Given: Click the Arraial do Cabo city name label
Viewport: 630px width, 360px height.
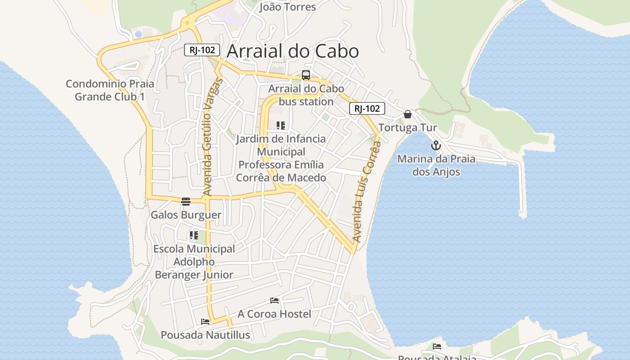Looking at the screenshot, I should coord(292,51).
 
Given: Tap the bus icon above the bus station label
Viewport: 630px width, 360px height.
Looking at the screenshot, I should coord(306,75).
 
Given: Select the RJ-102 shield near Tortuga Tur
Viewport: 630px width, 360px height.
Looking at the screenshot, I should coord(367,108).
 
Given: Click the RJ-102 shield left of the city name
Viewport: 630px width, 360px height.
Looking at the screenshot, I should coord(202,50).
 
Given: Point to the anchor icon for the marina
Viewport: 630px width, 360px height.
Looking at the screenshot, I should coord(435,145).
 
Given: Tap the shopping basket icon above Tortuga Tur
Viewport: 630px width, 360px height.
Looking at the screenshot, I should coord(408,114).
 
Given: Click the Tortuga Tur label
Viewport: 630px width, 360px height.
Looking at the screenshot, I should coord(408,128).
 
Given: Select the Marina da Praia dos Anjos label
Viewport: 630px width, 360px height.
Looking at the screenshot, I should coord(436,165).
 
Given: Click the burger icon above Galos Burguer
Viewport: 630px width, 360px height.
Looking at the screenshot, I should coord(186,201).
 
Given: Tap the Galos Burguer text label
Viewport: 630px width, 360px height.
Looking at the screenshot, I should coord(186,215).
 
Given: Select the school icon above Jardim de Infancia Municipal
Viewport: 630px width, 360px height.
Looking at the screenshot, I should coord(281,125).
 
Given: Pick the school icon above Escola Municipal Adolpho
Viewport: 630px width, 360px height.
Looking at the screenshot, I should coord(194,235).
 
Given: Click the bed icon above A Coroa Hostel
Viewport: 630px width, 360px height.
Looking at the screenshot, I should coord(274,300).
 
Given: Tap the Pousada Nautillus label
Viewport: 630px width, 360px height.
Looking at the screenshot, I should coord(205,335).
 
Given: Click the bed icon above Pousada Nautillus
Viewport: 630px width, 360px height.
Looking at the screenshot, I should coord(205,322).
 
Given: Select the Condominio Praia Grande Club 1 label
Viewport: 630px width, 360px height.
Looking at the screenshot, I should coord(110,90).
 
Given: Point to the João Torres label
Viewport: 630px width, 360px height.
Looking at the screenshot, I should coord(288,7).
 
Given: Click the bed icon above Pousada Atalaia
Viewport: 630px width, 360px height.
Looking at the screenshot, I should coord(437,346).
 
